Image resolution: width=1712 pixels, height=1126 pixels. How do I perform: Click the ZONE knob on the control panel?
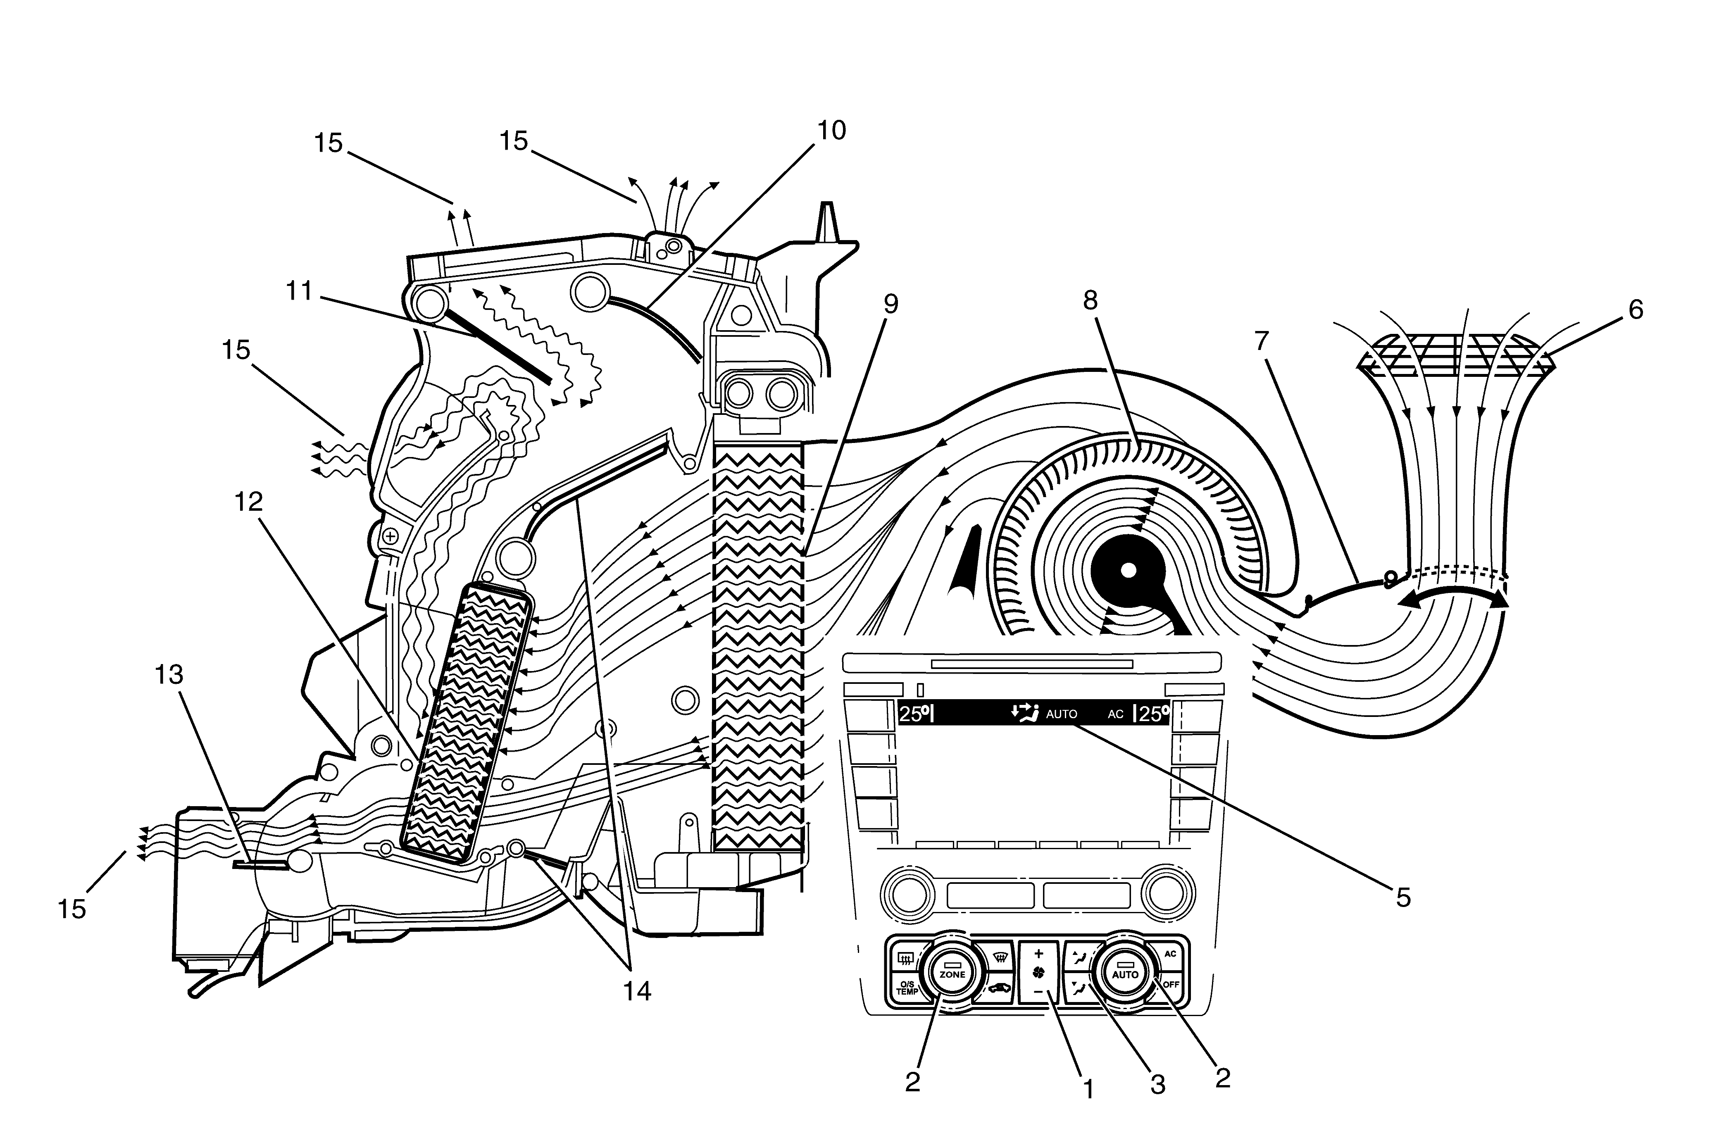pyautogui.click(x=952, y=974)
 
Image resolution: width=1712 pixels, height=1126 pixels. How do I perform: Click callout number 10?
pyautogui.click(x=831, y=130)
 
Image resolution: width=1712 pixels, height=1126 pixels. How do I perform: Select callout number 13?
pyautogui.click(x=170, y=675)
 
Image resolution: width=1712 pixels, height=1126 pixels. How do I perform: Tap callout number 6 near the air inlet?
pyautogui.click(x=1635, y=310)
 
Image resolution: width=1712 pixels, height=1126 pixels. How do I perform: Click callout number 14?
pyautogui.click(x=637, y=991)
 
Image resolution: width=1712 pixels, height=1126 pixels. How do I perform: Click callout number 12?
pyautogui.click(x=249, y=502)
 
